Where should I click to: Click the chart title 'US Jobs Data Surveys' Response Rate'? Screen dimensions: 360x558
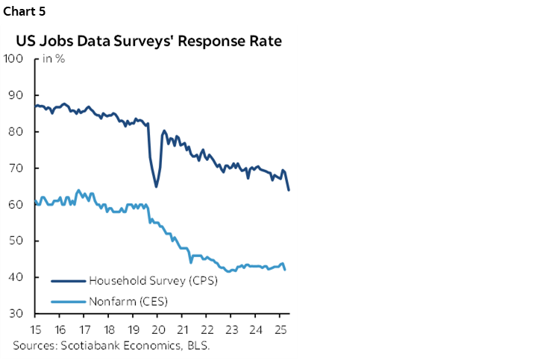point(148,41)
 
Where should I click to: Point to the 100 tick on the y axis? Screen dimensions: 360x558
point(13,59)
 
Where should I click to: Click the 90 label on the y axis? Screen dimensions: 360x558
point(15,95)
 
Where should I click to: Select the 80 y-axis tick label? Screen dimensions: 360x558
point(15,132)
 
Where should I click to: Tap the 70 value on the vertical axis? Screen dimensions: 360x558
point(15,168)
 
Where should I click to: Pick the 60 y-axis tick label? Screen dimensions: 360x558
point(15,204)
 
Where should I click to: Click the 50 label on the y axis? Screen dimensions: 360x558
point(15,241)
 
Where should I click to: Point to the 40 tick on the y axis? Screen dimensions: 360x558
point(15,277)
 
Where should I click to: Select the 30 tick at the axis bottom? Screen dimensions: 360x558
point(15,314)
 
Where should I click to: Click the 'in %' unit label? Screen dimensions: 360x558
point(53,59)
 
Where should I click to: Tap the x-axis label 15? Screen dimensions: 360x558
point(36,329)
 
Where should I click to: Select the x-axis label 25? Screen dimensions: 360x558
point(279,329)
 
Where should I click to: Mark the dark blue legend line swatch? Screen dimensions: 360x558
point(68,282)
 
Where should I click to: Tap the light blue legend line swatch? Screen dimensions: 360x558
point(68,302)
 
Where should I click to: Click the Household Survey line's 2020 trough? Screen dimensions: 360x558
point(156,186)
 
